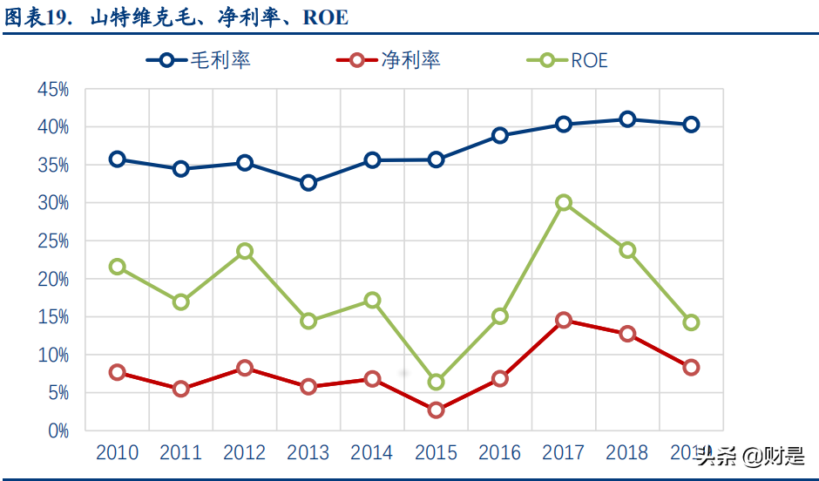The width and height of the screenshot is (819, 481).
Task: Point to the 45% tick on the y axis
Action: [53, 89]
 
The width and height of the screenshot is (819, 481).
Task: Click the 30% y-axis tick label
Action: [53, 202]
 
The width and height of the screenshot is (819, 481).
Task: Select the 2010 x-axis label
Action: [117, 453]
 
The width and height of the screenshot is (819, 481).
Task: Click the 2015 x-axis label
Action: [436, 453]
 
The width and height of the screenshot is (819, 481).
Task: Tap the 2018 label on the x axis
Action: [627, 453]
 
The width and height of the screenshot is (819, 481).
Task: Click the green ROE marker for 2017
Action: [564, 202]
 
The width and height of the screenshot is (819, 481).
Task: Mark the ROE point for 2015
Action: [436, 382]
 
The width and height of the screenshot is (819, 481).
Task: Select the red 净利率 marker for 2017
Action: [564, 320]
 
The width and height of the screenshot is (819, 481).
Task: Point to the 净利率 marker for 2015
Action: [436, 410]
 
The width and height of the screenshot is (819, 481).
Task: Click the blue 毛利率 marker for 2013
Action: [308, 183]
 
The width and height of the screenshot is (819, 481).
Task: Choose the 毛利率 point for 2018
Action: [627, 119]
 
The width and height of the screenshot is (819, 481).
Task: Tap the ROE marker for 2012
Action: [245, 251]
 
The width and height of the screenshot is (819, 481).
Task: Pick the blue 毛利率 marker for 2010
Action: [118, 159]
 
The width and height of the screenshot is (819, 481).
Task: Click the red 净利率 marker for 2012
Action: [245, 368]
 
